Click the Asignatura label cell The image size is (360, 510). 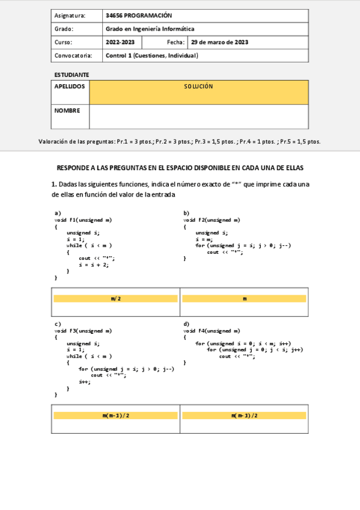[70, 16]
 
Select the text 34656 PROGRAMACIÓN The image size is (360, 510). [138, 16]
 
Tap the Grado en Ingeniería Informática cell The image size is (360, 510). [150, 29]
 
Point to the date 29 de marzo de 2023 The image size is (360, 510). [219, 42]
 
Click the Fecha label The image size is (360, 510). [176, 42]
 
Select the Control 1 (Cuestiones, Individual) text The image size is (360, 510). [152, 55]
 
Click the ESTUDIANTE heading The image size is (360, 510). [72, 75]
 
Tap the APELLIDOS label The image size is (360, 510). [70, 86]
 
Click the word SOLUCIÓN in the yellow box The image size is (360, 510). [198, 87]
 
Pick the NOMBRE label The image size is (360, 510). [67, 111]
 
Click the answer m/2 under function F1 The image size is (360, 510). [116, 299]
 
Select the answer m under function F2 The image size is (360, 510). [245, 299]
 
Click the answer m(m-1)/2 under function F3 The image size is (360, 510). [116, 416]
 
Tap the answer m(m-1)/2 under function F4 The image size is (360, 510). [245, 416]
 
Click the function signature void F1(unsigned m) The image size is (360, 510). [83, 220]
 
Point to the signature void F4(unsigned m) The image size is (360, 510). [212, 331]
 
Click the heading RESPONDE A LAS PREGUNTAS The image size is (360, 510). [180, 167]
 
